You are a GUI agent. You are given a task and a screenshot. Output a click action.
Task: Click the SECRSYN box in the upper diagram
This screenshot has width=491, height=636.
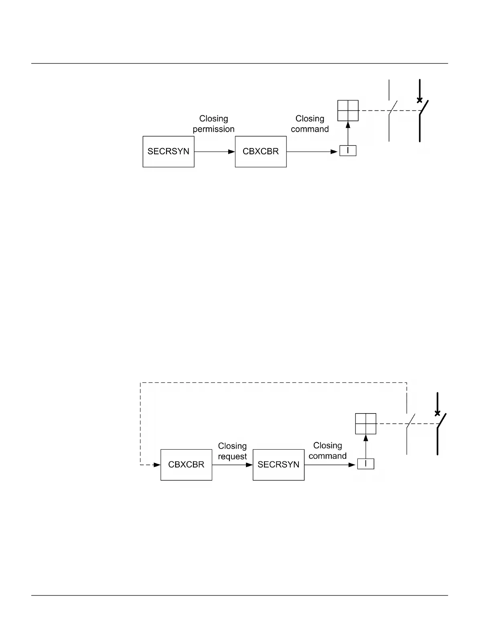pos(168,152)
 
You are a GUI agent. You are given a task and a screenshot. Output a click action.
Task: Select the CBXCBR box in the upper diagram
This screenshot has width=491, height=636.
pos(261,152)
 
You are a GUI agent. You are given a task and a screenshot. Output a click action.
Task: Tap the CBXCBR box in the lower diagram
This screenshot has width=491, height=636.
pos(186,465)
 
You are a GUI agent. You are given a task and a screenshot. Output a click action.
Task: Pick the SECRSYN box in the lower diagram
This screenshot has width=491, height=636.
pos(278,465)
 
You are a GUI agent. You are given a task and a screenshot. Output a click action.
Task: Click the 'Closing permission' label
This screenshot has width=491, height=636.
pos(213,124)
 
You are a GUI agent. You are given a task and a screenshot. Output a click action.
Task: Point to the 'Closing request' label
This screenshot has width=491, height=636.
pos(232,451)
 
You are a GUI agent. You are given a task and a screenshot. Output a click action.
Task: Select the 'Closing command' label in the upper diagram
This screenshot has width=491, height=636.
pos(310,124)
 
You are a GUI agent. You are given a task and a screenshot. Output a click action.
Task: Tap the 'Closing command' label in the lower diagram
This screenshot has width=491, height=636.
pos(327,450)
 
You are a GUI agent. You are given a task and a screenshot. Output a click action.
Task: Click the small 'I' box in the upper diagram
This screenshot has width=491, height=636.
pos(348,151)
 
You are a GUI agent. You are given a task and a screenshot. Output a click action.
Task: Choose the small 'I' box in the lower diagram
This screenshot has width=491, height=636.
pos(365,464)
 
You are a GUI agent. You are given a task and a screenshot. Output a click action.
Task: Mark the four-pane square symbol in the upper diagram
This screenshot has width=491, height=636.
pos(348,110)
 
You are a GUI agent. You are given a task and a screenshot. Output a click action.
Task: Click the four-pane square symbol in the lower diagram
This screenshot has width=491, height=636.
pos(365,424)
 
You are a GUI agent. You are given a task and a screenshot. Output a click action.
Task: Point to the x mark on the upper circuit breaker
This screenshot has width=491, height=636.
pos(420,100)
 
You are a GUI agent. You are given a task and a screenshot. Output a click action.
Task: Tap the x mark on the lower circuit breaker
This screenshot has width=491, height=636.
pos(437,413)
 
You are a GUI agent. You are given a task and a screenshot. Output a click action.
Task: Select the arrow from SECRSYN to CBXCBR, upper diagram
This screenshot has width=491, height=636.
pos(215,152)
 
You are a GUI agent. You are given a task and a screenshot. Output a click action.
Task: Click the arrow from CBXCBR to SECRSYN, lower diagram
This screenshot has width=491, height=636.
pos(232,465)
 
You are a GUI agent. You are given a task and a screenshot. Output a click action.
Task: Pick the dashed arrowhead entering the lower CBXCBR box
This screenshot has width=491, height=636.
pos(157,465)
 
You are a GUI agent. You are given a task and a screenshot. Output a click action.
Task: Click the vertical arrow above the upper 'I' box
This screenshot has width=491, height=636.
pos(348,133)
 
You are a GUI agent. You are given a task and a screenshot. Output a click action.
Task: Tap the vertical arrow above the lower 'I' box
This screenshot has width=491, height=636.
pos(365,446)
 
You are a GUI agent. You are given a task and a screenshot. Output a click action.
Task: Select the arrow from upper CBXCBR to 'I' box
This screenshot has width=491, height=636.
pos(312,152)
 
